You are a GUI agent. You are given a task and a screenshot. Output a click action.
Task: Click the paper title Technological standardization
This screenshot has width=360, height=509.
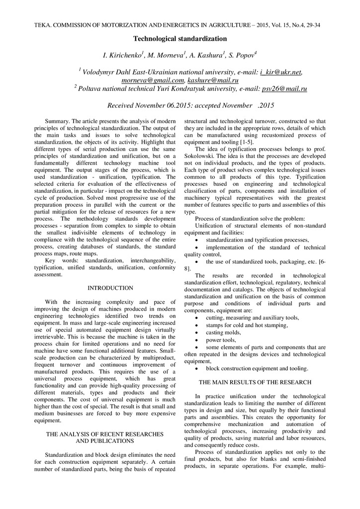tap(180, 38)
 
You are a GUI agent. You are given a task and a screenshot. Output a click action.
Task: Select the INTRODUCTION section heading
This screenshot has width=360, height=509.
tap(110, 288)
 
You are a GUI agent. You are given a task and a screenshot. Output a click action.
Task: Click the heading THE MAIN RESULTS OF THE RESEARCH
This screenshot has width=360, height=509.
tap(255, 382)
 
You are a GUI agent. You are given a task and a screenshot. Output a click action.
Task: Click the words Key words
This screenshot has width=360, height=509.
tap(58, 260)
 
